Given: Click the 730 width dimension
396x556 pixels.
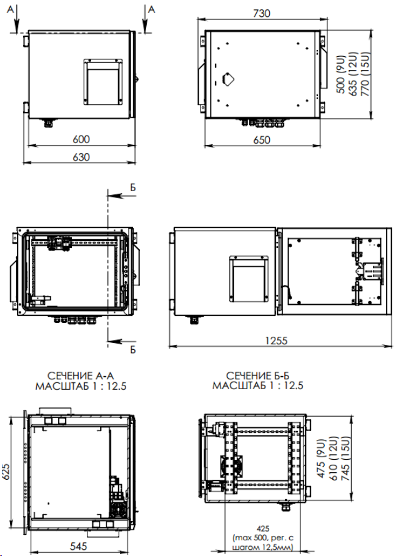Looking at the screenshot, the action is (x=262, y=13).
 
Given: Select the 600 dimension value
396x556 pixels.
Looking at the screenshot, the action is (x=81, y=139).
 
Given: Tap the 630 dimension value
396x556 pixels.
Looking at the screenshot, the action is (x=81, y=157).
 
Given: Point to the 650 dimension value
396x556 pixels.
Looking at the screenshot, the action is (x=262, y=140).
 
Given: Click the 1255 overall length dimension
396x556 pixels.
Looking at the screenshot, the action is (x=276, y=340).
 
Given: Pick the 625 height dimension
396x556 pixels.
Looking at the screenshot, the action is (x=7, y=471).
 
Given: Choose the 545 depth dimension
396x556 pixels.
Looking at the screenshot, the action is (x=78, y=546).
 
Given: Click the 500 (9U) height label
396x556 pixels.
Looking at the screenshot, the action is (x=340, y=74).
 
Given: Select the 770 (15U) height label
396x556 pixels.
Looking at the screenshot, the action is (x=365, y=74).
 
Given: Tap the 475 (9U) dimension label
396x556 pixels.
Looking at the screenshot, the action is (x=321, y=459).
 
